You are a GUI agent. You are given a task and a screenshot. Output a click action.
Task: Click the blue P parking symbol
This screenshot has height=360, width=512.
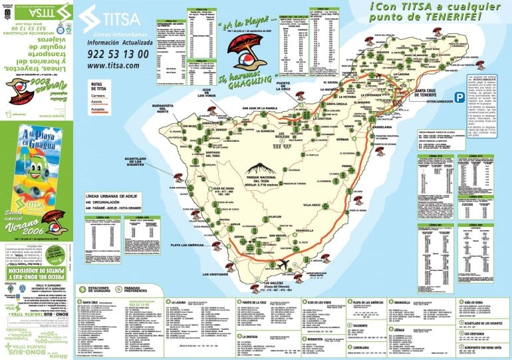[459, 97]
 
